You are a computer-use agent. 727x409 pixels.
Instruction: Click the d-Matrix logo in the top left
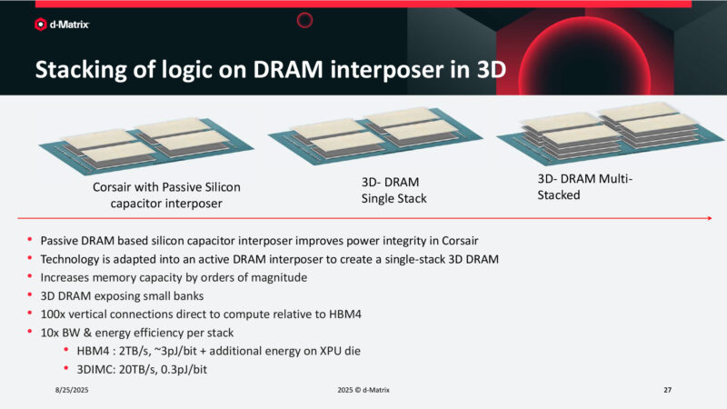tap(61, 28)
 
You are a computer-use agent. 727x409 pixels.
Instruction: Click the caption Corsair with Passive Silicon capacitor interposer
tap(166, 195)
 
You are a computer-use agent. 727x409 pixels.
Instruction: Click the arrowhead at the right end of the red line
tap(707, 218)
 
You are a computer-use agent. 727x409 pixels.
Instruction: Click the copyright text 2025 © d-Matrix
tap(363, 389)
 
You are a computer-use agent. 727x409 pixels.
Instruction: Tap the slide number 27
tap(667, 389)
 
